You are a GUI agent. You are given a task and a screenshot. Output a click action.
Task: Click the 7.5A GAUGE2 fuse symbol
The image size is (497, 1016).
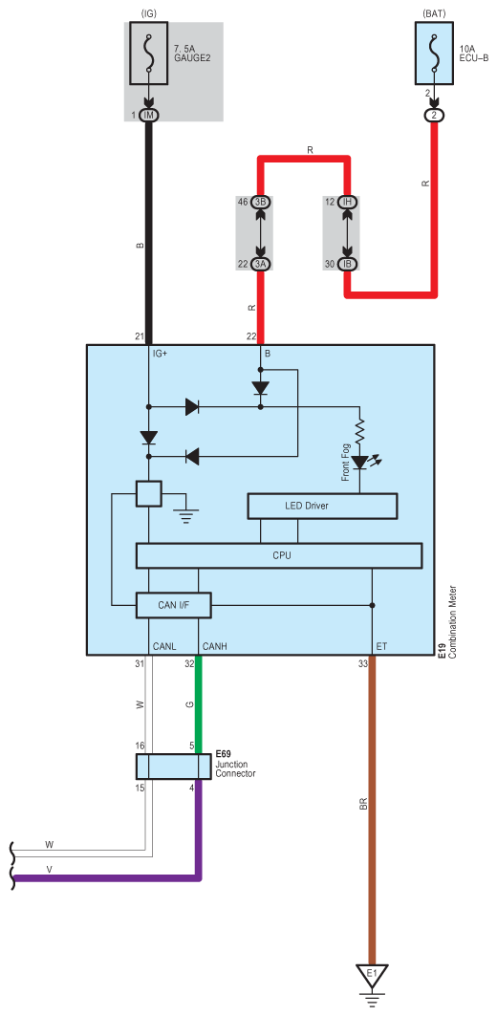pos(150,54)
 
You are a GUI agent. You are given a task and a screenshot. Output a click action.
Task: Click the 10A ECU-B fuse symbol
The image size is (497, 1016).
pos(434,54)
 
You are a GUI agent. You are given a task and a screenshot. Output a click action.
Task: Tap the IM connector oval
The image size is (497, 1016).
pos(150,115)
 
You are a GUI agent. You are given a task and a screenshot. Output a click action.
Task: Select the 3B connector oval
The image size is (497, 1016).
pos(261,203)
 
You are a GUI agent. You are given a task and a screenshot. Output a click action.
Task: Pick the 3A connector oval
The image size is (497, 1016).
pos(261,265)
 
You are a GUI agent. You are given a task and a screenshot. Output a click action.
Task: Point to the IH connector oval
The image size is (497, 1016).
pos(347,203)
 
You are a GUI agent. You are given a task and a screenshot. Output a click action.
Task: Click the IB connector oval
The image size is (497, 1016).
pos(347,265)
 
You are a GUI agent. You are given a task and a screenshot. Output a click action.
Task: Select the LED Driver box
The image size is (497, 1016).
pos(322,507)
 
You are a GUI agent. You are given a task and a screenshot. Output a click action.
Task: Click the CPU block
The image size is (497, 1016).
pos(279,556)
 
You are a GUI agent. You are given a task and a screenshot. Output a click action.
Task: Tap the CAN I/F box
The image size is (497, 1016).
pos(174,605)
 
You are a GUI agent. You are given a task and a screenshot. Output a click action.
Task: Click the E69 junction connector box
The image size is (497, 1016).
pos(174,767)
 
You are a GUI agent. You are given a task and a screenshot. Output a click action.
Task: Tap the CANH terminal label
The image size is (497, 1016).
pos(215,646)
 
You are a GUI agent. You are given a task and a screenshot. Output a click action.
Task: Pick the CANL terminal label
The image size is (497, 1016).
pos(164,646)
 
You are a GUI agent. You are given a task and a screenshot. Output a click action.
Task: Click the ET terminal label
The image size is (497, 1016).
pos(381,646)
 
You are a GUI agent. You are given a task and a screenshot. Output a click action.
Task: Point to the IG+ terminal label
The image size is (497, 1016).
pos(160,353)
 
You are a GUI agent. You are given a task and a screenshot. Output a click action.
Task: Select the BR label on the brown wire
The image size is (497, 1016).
pos(363,804)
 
